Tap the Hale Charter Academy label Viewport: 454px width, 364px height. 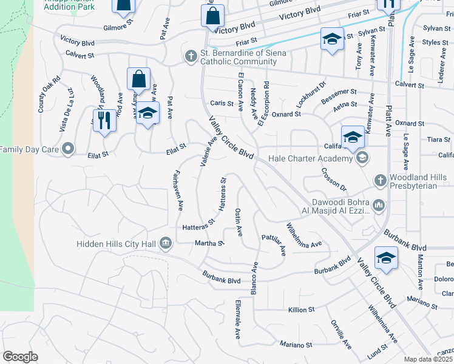[314, 159]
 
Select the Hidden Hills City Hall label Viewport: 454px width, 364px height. [117, 244]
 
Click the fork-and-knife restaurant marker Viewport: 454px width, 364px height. [104, 121]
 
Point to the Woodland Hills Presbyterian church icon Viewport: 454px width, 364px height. [380, 180]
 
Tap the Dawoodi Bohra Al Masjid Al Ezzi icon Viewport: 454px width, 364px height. [379, 206]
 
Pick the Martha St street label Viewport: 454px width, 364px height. [210, 243]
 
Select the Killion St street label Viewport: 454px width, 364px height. [302, 309]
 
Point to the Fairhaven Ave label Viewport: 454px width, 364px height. [178, 189]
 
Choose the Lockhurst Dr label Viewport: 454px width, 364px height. [311, 92]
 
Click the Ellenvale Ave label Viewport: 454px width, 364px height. [239, 318]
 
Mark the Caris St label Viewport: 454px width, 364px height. [222, 104]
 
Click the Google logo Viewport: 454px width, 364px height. [20, 357]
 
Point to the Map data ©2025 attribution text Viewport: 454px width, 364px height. [429, 359]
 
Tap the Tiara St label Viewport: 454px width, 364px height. [438, 140]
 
